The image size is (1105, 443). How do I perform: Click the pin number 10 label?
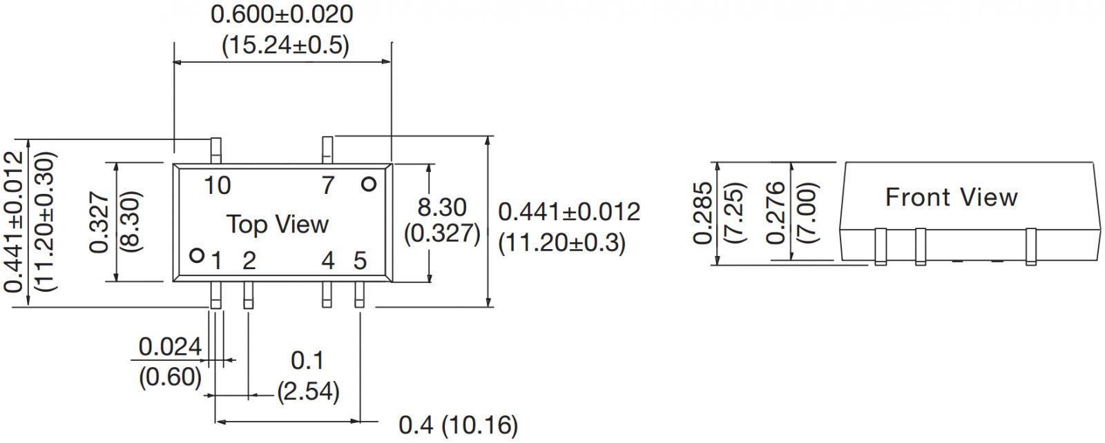[217, 186]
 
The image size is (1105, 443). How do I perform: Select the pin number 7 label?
[328, 186]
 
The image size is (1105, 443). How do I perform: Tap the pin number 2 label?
[249, 261]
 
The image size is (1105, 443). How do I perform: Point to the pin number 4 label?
[328, 261]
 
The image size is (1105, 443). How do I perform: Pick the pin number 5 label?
[360, 261]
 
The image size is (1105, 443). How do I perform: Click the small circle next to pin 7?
[369, 184]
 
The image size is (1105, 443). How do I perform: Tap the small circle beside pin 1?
[197, 256]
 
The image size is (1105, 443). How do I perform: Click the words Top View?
[277, 224]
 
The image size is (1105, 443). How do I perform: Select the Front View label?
[951, 197]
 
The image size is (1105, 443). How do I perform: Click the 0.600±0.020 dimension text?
[282, 14]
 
